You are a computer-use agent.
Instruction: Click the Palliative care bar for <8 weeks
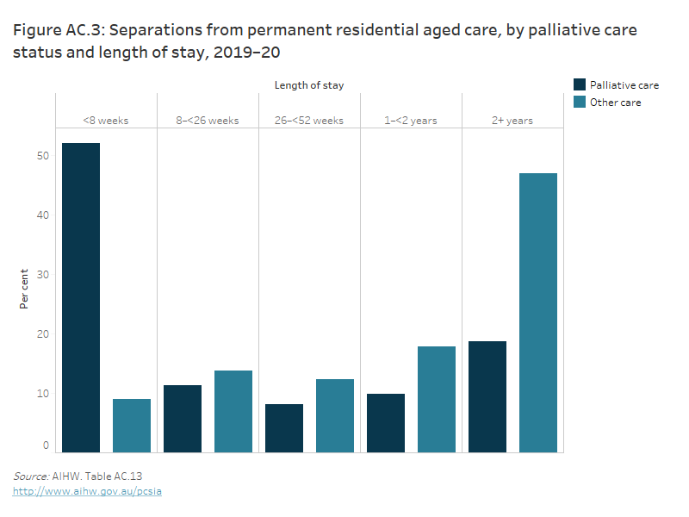(x=81, y=297)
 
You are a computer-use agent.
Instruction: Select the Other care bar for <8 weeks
(x=132, y=426)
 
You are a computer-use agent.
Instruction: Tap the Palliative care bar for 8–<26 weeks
(x=183, y=419)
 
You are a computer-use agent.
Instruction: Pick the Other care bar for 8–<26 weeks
(x=233, y=411)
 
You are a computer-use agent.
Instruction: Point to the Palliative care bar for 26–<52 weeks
(x=284, y=428)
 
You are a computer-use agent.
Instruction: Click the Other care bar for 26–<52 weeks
(x=335, y=415)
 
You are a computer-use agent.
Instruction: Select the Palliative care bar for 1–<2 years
(x=386, y=423)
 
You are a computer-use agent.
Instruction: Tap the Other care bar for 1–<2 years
(x=437, y=399)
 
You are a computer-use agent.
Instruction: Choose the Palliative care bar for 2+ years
(x=487, y=396)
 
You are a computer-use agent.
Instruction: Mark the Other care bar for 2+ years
(x=538, y=313)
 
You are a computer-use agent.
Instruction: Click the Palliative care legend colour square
(x=580, y=84)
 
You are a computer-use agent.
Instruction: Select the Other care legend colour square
(x=580, y=102)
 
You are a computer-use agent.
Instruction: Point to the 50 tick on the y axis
(x=43, y=156)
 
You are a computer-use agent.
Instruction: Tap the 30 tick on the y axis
(x=43, y=275)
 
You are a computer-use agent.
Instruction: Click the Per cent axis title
(x=24, y=290)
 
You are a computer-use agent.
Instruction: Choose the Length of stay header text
(x=309, y=85)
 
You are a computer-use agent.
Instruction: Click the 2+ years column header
(x=512, y=121)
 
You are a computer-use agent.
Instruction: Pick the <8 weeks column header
(x=106, y=121)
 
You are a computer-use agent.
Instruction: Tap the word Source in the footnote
(x=30, y=476)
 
